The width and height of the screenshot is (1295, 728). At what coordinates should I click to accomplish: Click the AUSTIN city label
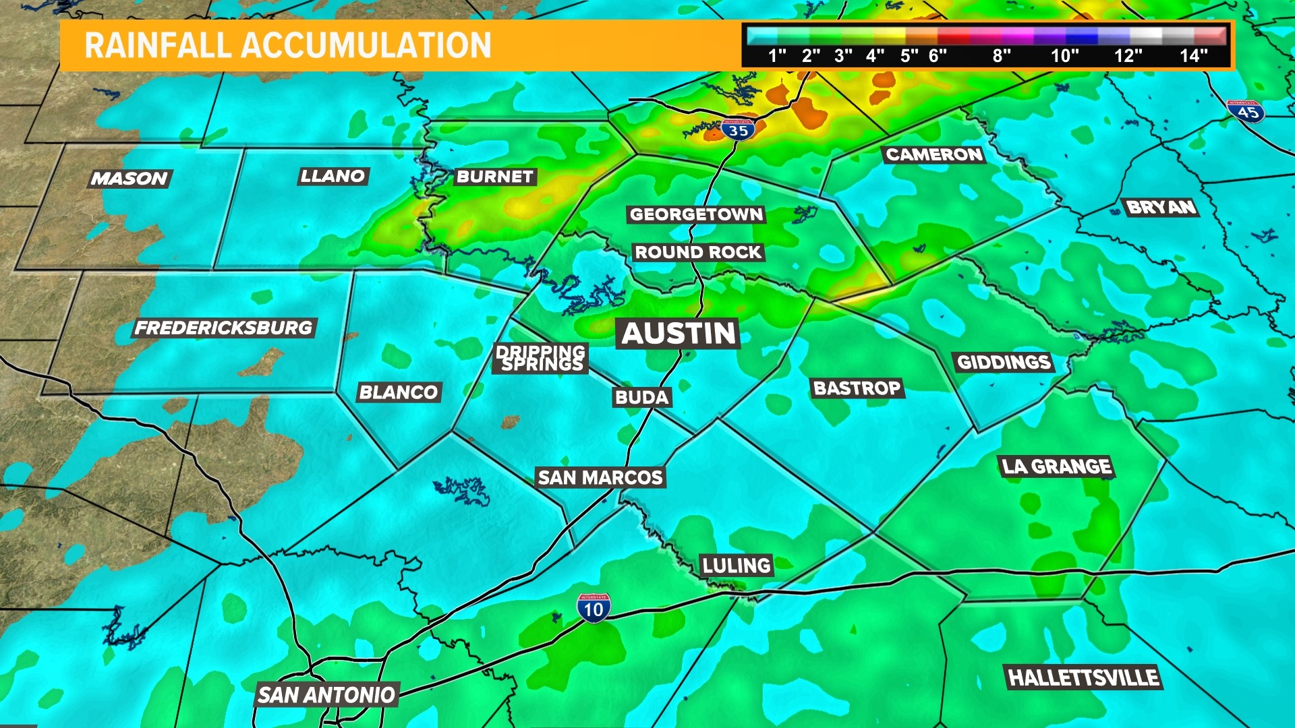click(x=678, y=334)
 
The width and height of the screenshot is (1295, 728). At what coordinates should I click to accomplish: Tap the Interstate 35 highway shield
click(x=738, y=129)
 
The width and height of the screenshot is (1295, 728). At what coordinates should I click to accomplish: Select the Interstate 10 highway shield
click(x=594, y=609)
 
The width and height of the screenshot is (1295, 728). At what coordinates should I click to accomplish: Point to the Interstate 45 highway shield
click(x=1246, y=111)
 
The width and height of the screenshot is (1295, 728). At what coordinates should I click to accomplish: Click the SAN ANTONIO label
click(x=326, y=695)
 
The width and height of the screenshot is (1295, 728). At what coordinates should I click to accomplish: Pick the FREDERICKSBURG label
click(x=224, y=328)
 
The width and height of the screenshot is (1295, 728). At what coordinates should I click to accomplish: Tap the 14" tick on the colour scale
click(x=1193, y=56)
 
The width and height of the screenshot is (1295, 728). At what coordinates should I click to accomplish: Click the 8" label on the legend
click(x=1002, y=56)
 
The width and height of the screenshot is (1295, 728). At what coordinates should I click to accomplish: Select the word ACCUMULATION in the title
click(x=366, y=46)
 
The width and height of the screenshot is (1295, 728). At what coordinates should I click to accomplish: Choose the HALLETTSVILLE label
click(x=1083, y=677)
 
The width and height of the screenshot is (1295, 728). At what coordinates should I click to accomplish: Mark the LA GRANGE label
click(x=1056, y=466)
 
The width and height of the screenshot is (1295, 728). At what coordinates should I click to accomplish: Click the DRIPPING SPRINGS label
click(x=542, y=358)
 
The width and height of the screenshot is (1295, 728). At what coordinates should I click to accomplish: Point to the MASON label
click(x=129, y=179)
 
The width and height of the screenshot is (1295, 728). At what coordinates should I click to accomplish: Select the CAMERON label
click(x=934, y=155)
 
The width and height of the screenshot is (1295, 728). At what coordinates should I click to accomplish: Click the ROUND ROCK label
click(x=698, y=253)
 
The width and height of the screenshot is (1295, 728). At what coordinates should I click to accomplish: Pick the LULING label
click(x=736, y=565)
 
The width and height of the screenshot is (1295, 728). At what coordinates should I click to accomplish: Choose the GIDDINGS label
click(x=1004, y=363)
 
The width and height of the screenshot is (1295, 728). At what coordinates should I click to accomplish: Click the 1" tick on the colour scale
click(x=777, y=56)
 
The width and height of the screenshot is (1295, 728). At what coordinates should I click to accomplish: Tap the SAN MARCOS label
click(x=600, y=478)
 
